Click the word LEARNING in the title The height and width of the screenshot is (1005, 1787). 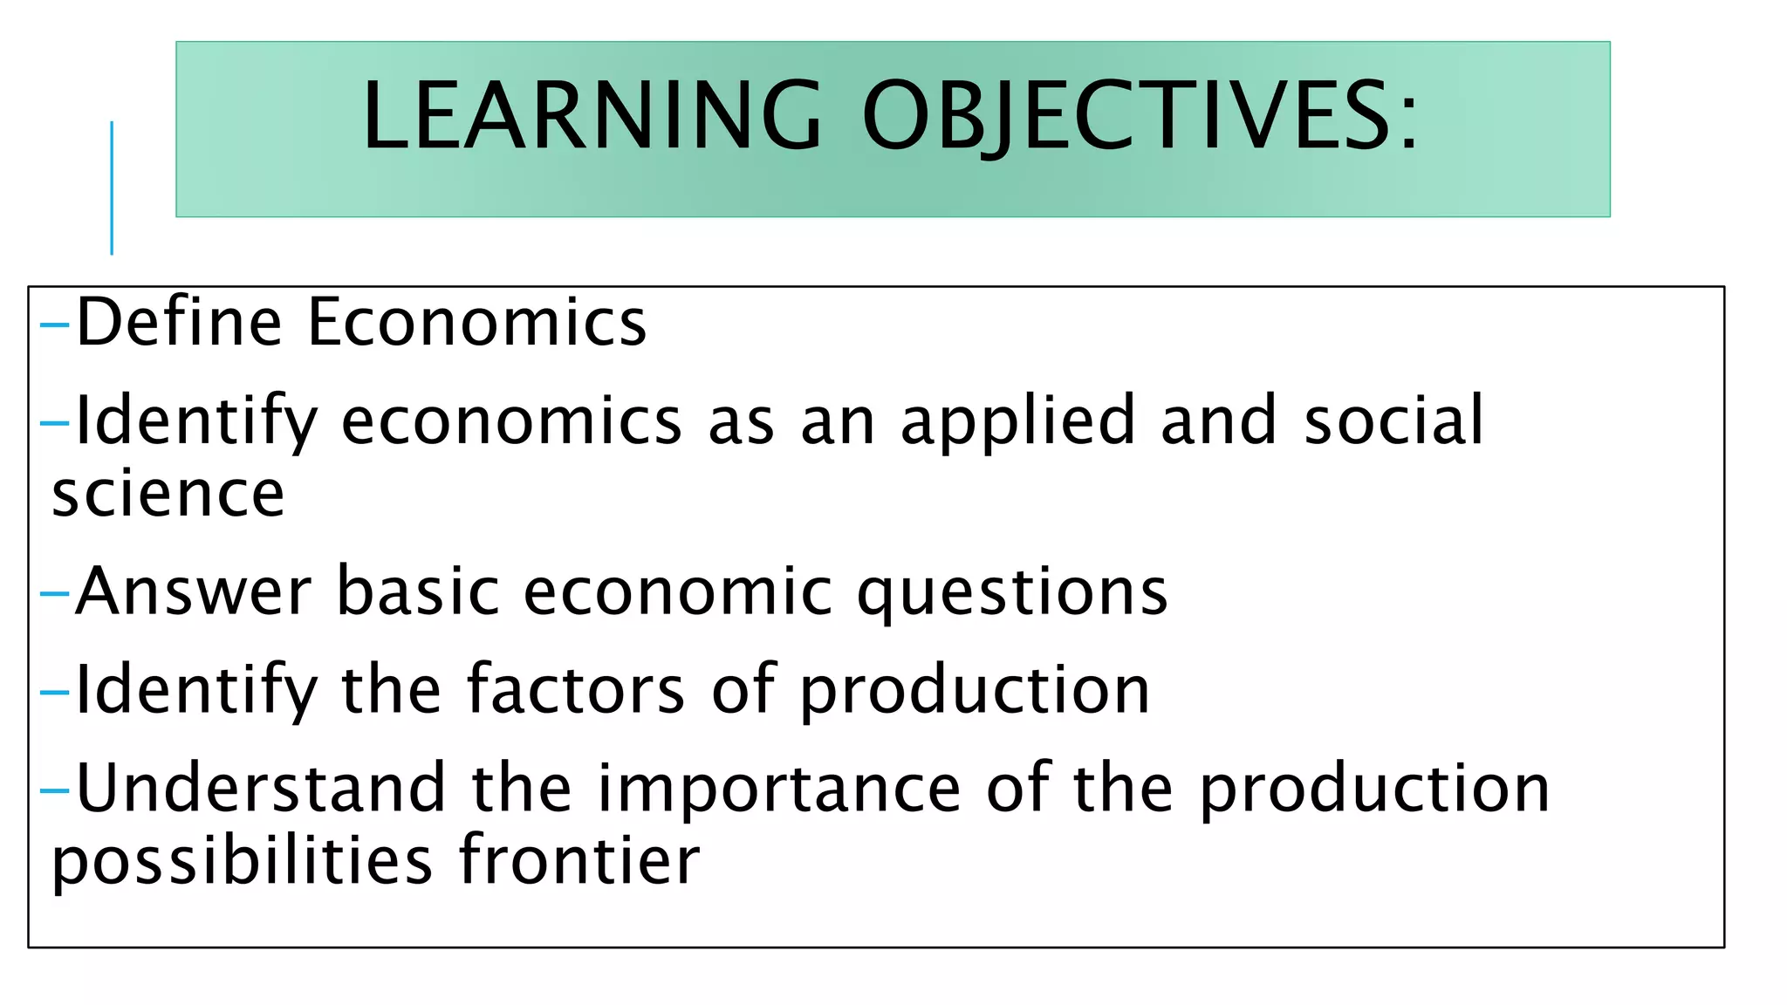tap(592, 115)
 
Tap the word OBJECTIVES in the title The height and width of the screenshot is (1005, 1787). tap(1126, 115)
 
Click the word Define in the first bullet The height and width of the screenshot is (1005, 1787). tap(179, 322)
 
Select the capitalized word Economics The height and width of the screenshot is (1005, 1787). tap(477, 322)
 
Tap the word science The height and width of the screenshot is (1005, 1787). tap(168, 494)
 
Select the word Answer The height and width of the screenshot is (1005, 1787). tap(194, 591)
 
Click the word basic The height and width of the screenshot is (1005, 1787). tap(419, 591)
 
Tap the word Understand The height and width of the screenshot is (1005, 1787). tap(261, 788)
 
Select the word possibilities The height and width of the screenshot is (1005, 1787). tap(243, 862)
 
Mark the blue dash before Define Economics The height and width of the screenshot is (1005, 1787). tap(54, 325)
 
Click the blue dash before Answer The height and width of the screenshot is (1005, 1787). tap(54, 594)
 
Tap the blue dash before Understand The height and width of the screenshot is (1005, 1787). tap(54, 790)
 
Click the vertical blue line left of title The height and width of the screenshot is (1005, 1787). tap(112, 188)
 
